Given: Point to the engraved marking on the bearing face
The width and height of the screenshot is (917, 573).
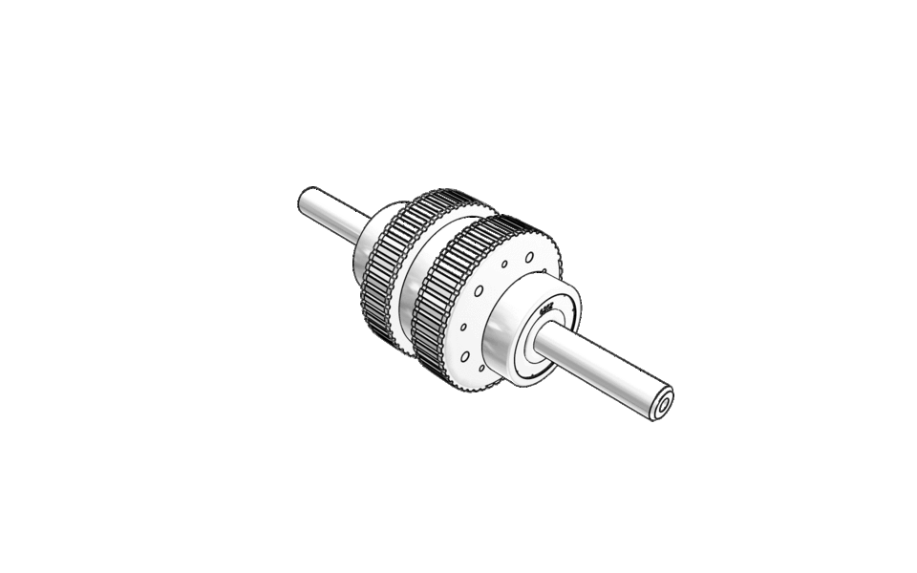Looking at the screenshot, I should click(x=547, y=308).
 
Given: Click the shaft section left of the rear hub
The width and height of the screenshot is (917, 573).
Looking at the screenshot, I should click(x=334, y=214).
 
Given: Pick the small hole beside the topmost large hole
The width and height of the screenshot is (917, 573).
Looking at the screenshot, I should click(x=504, y=263).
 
